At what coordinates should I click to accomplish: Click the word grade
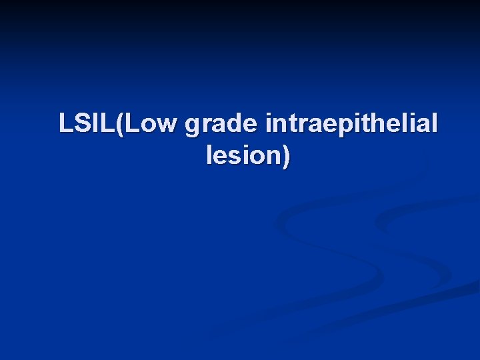click(221, 125)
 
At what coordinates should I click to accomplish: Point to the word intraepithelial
click(352, 125)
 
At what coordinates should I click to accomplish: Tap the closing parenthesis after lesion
click(286, 157)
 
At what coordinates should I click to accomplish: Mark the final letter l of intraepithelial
click(435, 123)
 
